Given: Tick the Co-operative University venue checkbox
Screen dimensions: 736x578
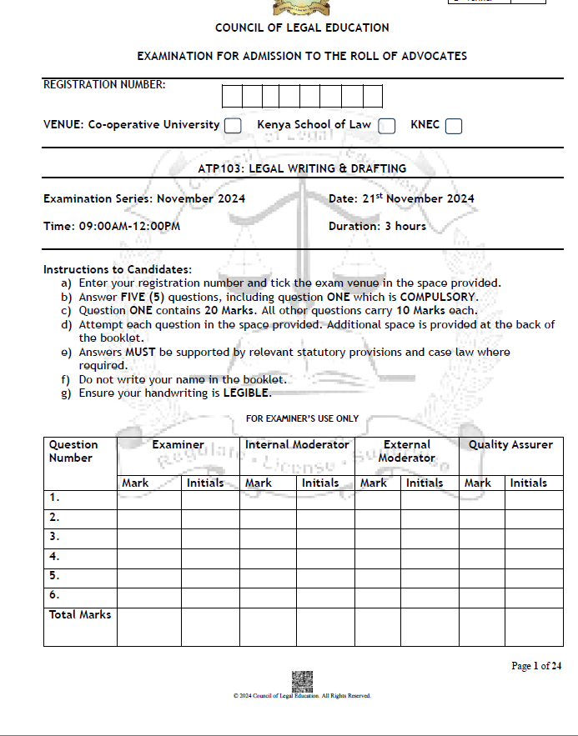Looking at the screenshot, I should tap(233, 126).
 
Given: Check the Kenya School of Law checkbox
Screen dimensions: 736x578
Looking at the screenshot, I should tap(386, 126).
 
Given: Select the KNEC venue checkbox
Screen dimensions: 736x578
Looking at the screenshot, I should tap(453, 126).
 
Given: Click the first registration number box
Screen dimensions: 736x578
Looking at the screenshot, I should tap(232, 97).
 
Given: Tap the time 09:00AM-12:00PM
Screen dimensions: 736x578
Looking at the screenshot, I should tap(135, 226).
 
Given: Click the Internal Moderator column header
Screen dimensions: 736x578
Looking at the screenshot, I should tap(297, 445).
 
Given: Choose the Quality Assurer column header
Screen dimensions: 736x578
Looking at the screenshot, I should tap(510, 445).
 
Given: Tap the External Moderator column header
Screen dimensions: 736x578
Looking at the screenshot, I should tap(406, 451).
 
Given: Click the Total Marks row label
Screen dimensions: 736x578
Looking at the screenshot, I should tap(80, 615).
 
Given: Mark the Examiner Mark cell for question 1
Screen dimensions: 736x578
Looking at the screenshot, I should tap(148, 498).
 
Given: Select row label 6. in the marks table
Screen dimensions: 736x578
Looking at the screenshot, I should tap(55, 595).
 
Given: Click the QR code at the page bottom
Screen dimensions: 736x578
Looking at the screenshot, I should tap(301, 680).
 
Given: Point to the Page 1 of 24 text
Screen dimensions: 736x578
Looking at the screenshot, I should tap(535, 666).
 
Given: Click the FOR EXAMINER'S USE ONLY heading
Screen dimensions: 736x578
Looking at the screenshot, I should tap(302, 418).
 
